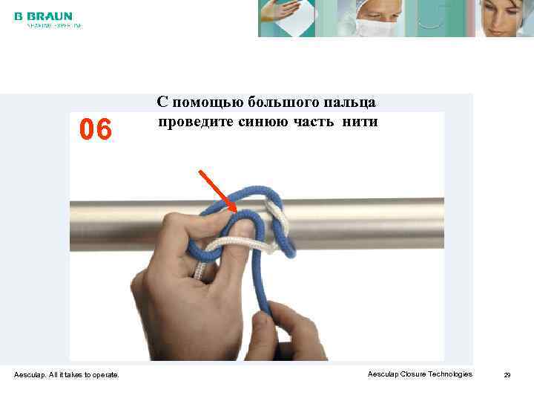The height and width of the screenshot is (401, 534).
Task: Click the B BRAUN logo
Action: (x=43, y=16)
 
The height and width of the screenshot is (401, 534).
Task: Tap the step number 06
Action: (x=96, y=130)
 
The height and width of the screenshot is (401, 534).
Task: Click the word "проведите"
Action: (x=193, y=122)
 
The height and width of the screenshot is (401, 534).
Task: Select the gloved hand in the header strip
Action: (x=288, y=16)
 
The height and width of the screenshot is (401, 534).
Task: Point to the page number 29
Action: (x=507, y=375)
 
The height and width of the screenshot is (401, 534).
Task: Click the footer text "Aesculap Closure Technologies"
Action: (x=420, y=374)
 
